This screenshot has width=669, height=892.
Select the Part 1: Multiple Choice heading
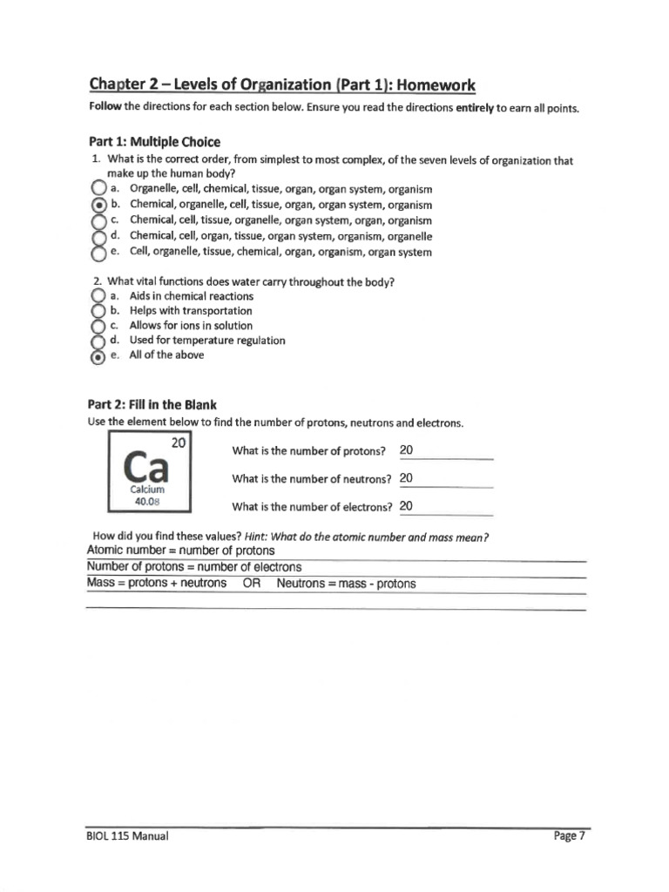coord(154,141)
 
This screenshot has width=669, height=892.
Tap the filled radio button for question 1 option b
coord(98,205)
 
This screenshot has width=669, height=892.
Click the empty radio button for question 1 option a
coord(98,189)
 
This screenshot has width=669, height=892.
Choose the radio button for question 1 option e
coord(98,253)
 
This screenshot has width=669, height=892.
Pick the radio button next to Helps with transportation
coord(98,311)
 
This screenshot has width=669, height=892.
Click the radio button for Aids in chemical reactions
coord(98,296)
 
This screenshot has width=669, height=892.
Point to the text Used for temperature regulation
coord(206,341)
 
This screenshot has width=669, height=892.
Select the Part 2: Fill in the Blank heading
coord(152,404)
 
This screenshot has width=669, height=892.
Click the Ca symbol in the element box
coord(145,468)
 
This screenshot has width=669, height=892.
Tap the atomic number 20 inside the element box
coord(179,443)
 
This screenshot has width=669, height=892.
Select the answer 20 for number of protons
coord(407,450)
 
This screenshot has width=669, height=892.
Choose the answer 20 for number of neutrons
coord(407,478)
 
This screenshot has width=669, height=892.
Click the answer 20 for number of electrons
coord(407,506)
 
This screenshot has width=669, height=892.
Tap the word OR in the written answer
coord(252,584)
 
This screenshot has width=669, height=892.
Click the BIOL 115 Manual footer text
coord(128,836)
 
